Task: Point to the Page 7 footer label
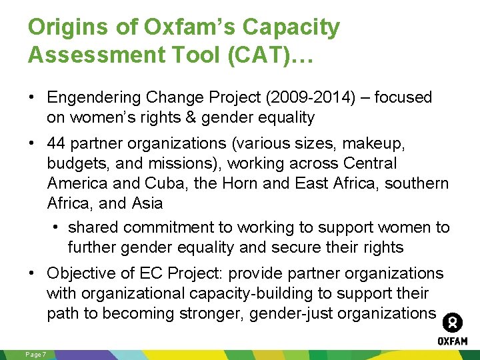tap(35, 354)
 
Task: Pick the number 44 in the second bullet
tap(56, 143)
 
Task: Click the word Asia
tap(145, 202)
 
